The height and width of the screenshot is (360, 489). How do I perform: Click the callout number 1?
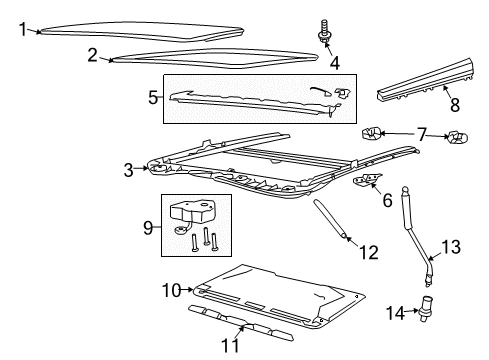[22, 29]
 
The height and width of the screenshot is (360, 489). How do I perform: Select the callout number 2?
[93, 55]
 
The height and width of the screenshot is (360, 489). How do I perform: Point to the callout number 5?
[153, 99]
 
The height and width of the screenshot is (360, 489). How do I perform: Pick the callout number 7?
[422, 132]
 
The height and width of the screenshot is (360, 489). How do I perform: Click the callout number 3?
[128, 170]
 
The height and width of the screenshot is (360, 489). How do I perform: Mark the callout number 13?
[452, 247]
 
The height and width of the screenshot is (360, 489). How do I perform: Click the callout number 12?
[370, 250]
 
